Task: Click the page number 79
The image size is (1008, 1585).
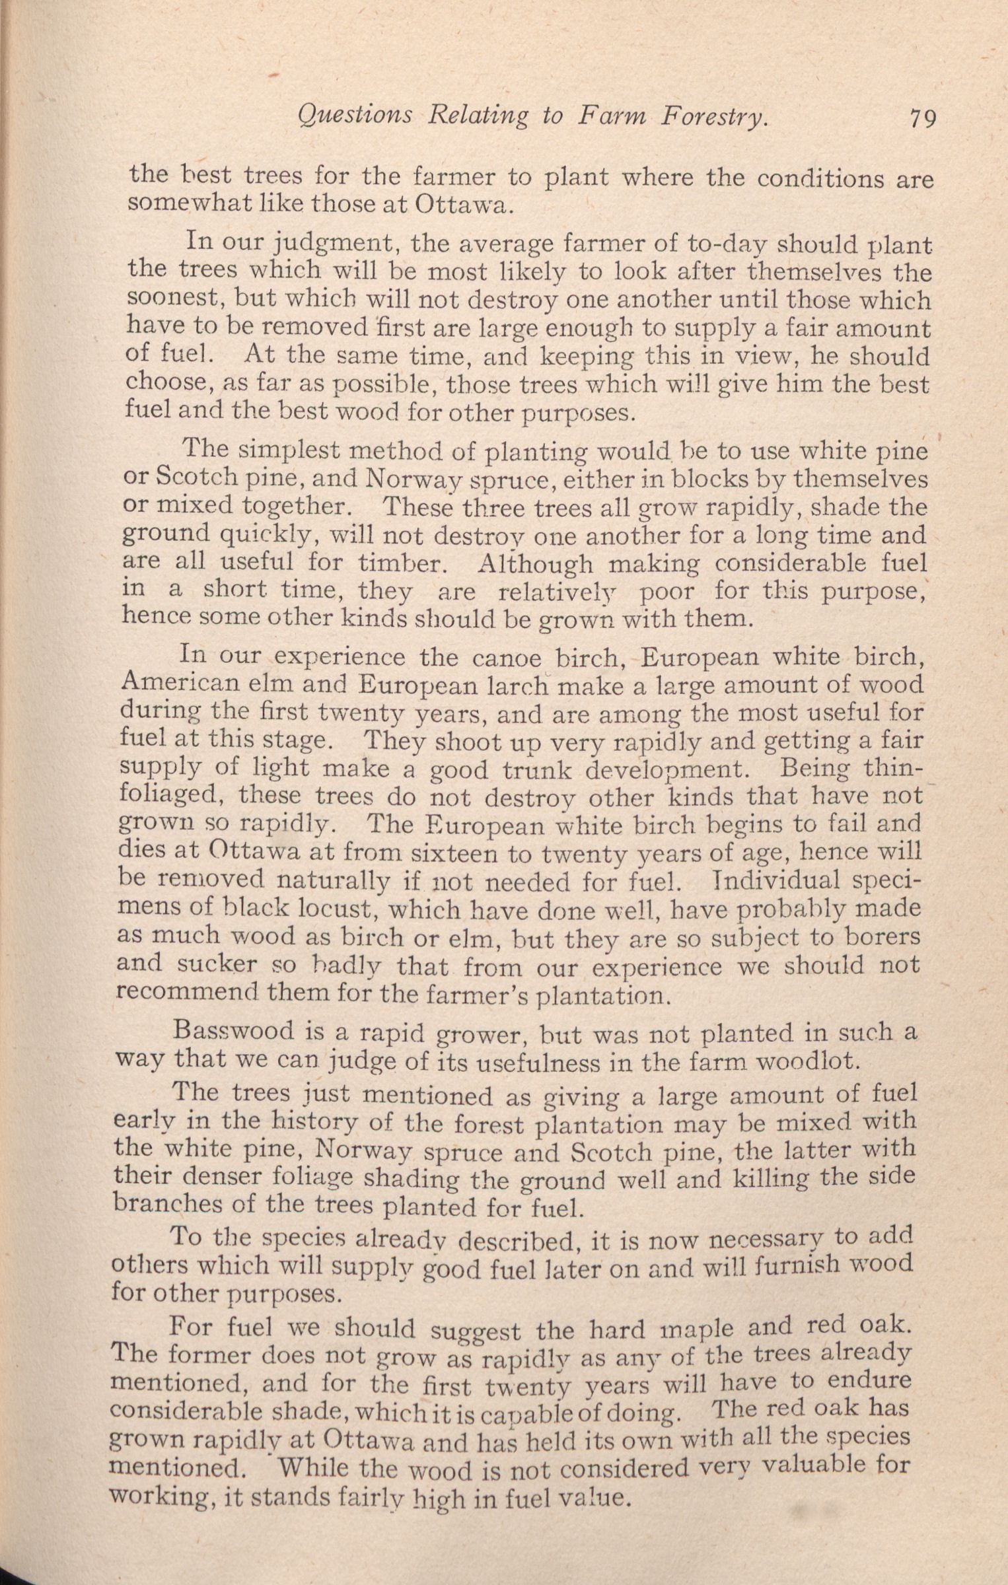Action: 922,119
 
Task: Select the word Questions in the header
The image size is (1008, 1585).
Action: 355,116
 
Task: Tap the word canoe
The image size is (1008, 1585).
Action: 511,658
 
